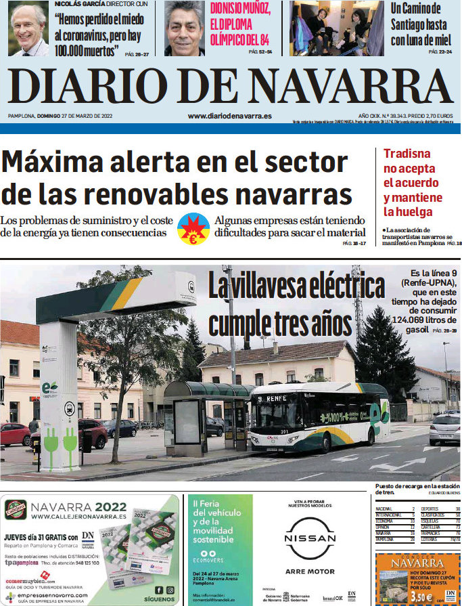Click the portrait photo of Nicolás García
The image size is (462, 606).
pos(28,28)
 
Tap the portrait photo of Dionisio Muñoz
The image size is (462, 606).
pos(184,28)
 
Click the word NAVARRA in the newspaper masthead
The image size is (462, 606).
pos(354,87)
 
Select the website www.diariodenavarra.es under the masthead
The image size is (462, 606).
pos(229,116)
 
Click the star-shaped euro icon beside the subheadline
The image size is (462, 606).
pos(193,228)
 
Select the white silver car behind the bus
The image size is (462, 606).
pos(444,429)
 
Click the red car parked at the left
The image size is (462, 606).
pos(15,433)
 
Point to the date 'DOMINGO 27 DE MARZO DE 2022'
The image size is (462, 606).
pos(80,116)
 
